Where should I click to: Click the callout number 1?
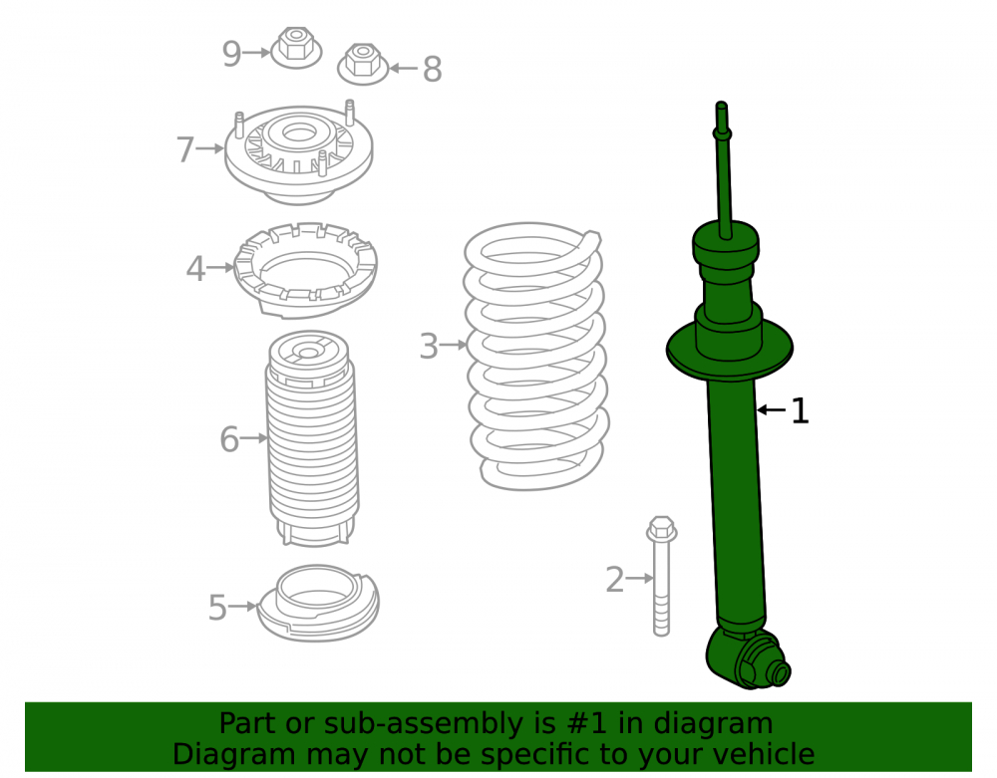point(801,410)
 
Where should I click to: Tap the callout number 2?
point(614,579)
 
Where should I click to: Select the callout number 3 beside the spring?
point(429,346)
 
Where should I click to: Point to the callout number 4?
point(195,269)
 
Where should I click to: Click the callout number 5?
point(217,607)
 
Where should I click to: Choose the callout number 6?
point(229,439)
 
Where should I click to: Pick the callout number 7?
point(185,149)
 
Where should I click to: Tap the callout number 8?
point(433,69)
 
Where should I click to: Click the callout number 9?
point(231,54)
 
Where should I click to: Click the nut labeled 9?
point(296,47)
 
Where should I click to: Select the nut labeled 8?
point(363,64)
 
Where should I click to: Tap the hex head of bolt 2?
point(661,529)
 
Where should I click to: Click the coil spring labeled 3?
point(536,356)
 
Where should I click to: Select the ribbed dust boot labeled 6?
point(311,438)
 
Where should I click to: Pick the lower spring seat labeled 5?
point(319,604)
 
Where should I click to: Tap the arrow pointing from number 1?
point(772,410)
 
